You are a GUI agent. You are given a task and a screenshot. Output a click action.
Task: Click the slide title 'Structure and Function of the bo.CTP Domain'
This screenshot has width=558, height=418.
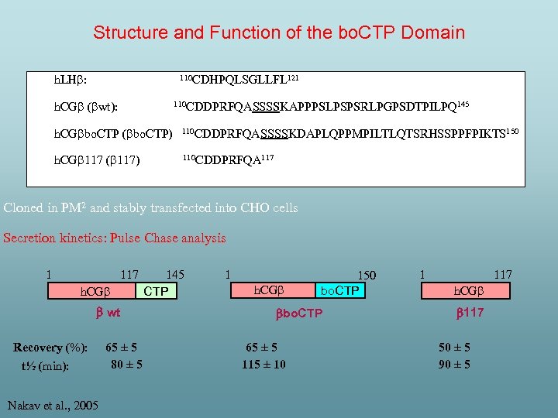coord(279,33)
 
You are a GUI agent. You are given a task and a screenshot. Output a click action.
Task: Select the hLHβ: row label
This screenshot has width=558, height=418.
coord(69,80)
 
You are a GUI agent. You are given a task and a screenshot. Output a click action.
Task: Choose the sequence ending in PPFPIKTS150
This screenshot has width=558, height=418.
coord(350,133)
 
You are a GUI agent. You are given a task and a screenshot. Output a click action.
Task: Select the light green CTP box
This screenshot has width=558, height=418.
coord(157,291)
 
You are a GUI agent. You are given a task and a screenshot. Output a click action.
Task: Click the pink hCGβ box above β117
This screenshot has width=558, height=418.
coord(467,291)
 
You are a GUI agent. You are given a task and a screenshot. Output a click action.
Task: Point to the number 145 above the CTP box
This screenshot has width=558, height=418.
coord(175,274)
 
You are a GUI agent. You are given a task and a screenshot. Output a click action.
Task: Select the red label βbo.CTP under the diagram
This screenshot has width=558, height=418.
coord(299,313)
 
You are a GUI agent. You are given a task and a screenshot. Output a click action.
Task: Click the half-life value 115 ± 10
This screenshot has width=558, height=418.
coord(263,365)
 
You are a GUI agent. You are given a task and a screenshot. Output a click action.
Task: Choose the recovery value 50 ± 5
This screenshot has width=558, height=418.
coord(454,348)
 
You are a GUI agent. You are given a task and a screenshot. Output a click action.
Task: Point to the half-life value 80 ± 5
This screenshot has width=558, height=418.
coord(126,363)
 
